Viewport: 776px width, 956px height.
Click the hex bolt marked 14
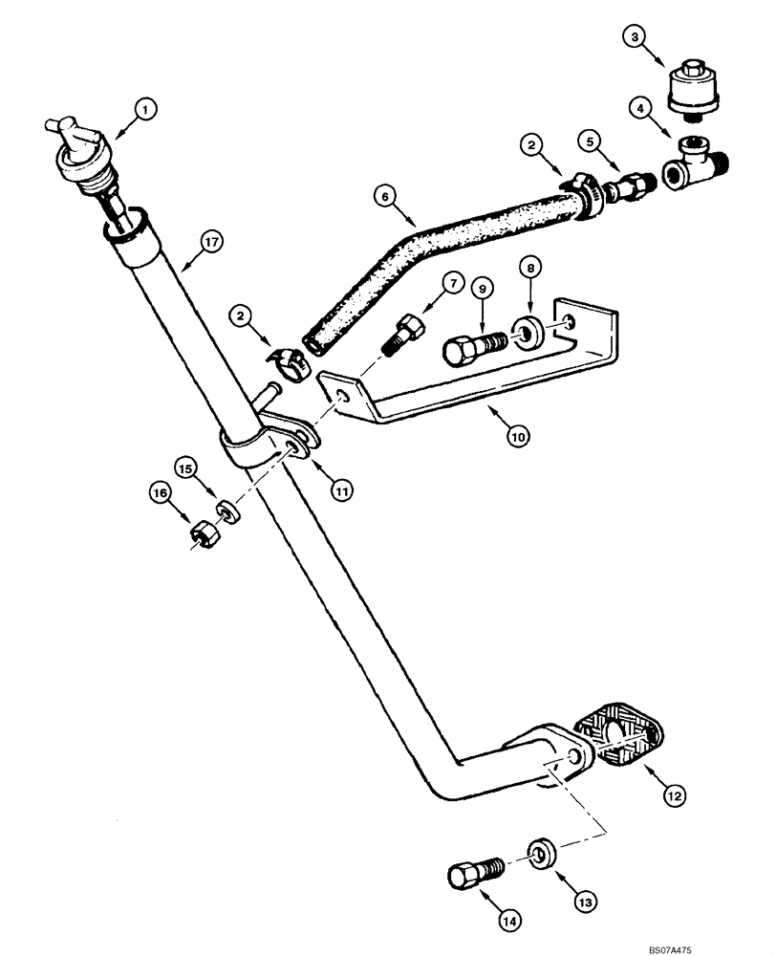(x=472, y=873)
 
